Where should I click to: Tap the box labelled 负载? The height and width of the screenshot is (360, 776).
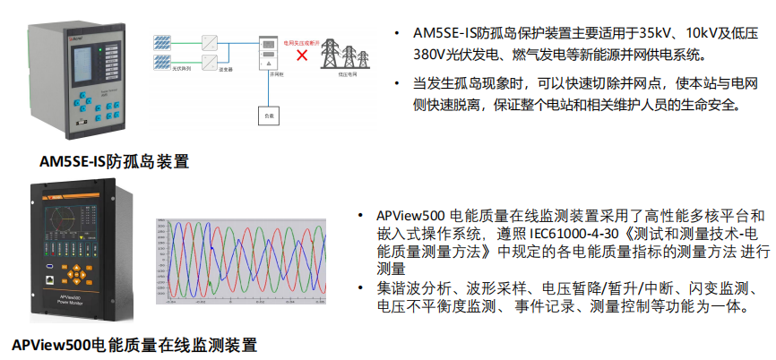point(267,115)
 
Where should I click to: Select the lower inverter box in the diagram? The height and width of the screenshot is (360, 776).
point(209,62)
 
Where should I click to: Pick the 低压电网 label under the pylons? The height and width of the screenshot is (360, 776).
point(349,77)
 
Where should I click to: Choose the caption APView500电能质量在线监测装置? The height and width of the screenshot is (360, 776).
point(134,344)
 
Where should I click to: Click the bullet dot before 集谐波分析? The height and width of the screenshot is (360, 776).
point(359,288)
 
